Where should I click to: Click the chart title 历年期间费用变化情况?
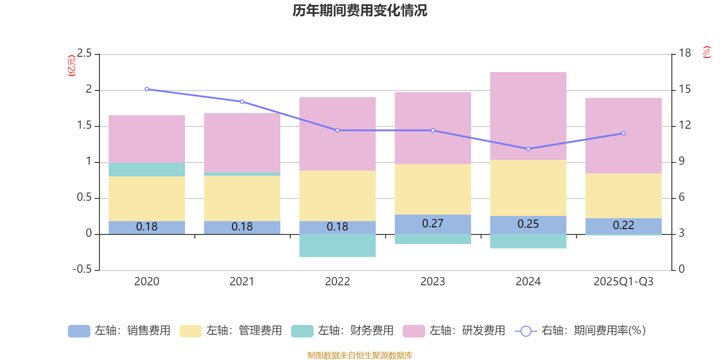(360, 11)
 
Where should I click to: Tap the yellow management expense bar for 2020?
(147, 198)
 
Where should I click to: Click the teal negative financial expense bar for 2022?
(337, 246)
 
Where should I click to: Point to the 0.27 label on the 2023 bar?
(432, 224)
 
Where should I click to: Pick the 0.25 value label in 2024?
(528, 224)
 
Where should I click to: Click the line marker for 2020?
(147, 89)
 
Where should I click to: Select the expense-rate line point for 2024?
(528, 149)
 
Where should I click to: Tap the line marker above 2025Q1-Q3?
(623, 133)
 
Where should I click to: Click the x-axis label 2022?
(337, 282)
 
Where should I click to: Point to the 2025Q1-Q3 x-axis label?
(623, 282)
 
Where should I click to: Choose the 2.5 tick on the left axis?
(84, 54)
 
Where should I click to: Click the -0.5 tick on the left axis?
(82, 270)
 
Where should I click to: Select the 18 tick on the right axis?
(684, 53)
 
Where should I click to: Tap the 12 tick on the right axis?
(684, 125)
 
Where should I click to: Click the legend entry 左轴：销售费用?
(119, 331)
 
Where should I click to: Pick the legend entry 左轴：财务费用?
(342, 331)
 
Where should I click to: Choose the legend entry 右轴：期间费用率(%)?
(580, 331)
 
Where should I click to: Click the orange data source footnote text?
(360, 355)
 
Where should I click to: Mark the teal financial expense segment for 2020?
(147, 170)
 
